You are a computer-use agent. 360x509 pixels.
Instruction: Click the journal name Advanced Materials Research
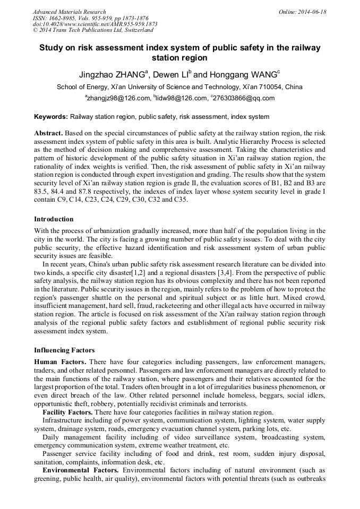pyautogui.click(x=69, y=12)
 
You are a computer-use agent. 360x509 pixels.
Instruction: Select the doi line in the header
pyautogui.click(x=95, y=24)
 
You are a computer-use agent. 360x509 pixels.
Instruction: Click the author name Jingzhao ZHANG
pyautogui.click(x=110, y=75)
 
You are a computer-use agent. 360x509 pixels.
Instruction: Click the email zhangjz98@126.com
pyautogui.click(x=118, y=98)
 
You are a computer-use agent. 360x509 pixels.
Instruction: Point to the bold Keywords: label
pyautogui.click(x=51, y=117)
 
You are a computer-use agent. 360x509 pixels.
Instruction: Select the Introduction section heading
pyautogui.click(x=54, y=219)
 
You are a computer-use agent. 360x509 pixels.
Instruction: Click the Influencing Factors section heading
pyautogui.click(x=64, y=350)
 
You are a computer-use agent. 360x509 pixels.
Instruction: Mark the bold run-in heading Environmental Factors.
pyautogui.click(x=80, y=470)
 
